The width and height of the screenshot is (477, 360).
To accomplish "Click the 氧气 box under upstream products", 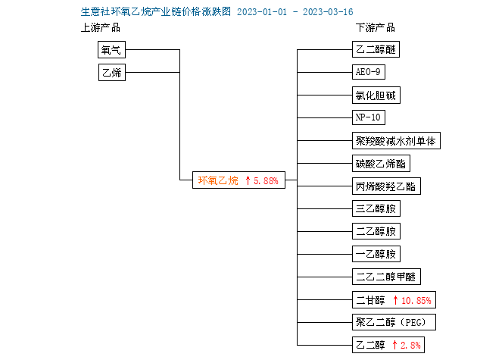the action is pos(111,50).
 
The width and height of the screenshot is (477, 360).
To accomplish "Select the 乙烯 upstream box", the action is pos(112,73).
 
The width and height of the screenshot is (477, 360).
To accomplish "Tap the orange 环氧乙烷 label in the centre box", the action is pos(218,180).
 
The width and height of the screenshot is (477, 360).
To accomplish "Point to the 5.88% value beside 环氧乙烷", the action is pos(266,180).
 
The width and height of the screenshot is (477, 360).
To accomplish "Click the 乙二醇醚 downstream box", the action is pos(376,49).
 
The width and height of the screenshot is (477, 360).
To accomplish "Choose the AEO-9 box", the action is pos(369,72).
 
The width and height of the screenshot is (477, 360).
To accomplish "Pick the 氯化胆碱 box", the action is pos(376,95).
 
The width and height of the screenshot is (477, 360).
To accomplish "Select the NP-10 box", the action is pos(369,117).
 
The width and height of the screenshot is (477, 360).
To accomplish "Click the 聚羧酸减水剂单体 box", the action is pos(396,141).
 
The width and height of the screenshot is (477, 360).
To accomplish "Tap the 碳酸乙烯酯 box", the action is pos(381,164).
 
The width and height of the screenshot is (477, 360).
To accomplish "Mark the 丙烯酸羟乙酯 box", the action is pos(386,186).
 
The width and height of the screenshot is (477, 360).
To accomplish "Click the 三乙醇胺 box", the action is pos(376,208).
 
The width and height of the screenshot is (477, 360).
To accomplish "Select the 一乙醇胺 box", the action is pos(376,254).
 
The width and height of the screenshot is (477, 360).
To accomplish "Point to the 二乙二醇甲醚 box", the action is pos(386,277).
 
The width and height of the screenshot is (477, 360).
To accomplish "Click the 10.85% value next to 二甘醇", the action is pos(416,301).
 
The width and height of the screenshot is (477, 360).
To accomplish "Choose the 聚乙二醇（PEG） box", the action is pos(394,322).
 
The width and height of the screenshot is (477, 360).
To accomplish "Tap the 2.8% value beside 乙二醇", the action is pos(410,345).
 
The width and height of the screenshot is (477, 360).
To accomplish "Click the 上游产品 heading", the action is pos(101,28).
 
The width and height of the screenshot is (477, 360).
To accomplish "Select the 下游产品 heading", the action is pos(376,28).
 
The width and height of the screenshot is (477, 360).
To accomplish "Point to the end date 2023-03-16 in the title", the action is pos(328,12).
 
